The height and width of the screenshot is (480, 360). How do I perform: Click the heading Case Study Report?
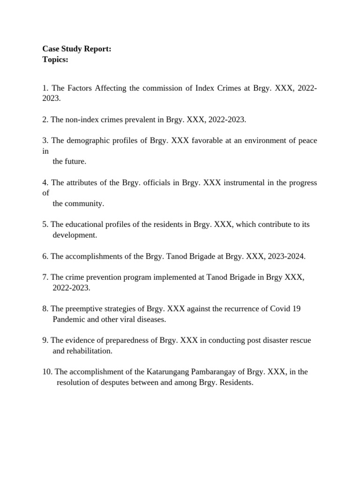pyautogui.click(x=77, y=49)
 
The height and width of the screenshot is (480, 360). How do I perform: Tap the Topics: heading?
pyautogui.click(x=55, y=60)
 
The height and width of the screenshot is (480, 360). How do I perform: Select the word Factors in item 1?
pyautogui.click(x=80, y=88)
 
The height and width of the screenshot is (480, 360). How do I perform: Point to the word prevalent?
pyautogui.click(x=147, y=120)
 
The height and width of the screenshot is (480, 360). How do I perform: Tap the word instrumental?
pyautogui.click(x=243, y=182)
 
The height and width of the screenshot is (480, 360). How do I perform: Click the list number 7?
pyautogui.click(x=45, y=277)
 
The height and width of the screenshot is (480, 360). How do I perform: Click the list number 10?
pyautogui.click(x=47, y=372)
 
